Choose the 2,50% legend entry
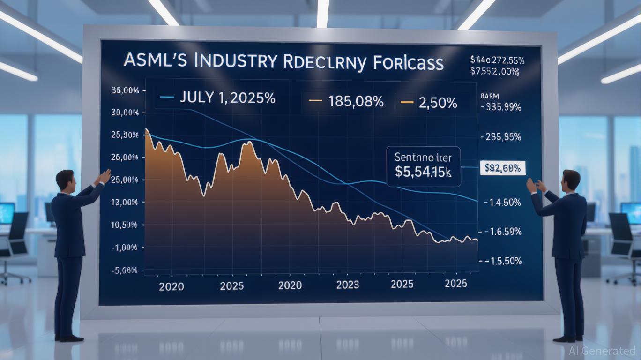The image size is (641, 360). [436, 102]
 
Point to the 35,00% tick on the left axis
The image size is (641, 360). [125, 90]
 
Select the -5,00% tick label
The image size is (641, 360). [124, 270]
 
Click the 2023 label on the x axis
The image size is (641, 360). [348, 284]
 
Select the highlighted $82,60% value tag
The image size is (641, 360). [503, 168]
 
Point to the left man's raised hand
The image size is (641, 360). [104, 177]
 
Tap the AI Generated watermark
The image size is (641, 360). [602, 350]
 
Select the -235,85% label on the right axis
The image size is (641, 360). [500, 137]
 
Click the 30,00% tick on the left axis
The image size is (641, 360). [125, 113]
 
